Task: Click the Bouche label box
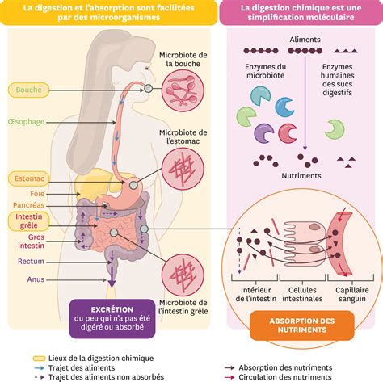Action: (29, 90)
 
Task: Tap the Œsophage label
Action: (27, 122)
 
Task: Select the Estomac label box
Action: (29, 178)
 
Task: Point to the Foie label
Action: (37, 194)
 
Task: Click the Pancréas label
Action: (28, 205)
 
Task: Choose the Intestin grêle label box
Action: (29, 221)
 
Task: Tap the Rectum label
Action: (31, 262)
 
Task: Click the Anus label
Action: (36, 279)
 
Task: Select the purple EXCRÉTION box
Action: (112, 318)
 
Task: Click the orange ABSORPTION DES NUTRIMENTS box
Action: (302, 325)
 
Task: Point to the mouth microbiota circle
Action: (183, 90)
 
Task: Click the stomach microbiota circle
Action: (183, 169)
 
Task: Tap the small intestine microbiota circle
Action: (183, 275)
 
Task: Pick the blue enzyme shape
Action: (284, 107)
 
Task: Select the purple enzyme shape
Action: (263, 133)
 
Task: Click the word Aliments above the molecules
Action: (305, 40)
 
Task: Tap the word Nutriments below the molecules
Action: (301, 176)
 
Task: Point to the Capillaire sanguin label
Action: (352, 294)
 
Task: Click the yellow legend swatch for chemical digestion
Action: (39, 359)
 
